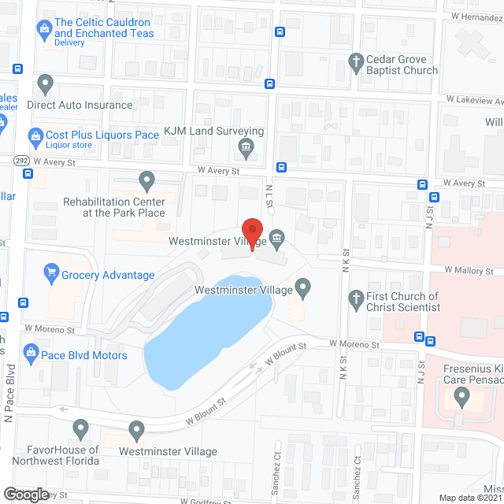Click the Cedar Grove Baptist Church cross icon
click(356, 61)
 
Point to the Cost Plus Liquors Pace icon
click(35, 135)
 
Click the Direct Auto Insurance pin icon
click(45, 83)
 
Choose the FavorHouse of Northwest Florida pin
click(80, 428)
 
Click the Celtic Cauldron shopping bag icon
click(44, 29)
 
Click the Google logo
click(25, 494)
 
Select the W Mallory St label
click(469, 270)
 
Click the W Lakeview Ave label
click(474, 100)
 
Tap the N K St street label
click(345, 261)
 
